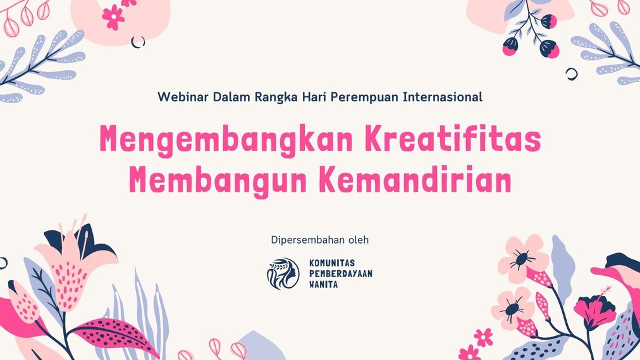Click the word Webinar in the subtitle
tap(183, 97)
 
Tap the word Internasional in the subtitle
tap(443, 97)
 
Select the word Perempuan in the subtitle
tap(364, 98)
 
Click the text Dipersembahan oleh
tap(319, 240)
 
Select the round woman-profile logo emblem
tap(283, 273)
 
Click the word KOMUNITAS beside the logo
tap(332, 263)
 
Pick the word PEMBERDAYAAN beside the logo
tap(340, 273)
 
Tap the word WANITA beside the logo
tap(323, 284)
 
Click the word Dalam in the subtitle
tap(231, 97)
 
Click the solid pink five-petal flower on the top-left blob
tap(113, 17)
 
